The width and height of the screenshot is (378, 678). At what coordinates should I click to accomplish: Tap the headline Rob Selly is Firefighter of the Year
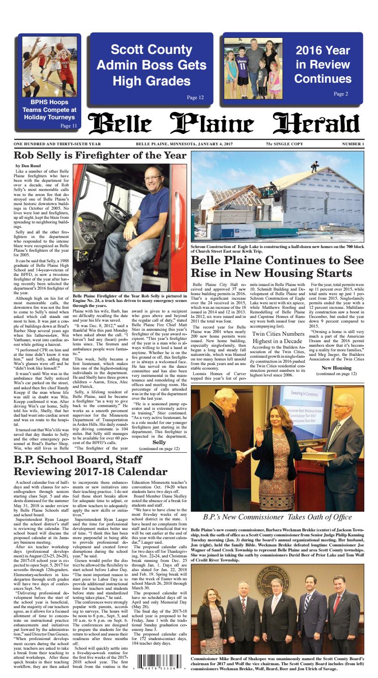pos(100,155)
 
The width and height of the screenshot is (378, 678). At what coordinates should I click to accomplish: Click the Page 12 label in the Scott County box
pos(195,97)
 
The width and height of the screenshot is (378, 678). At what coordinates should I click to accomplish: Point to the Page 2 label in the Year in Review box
pos(341,94)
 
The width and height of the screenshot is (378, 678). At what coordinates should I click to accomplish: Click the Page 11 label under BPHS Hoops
pos(68,126)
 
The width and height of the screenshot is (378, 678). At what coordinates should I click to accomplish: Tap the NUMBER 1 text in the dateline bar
pos(353,144)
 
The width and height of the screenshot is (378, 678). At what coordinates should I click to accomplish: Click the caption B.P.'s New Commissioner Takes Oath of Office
pos(278,517)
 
